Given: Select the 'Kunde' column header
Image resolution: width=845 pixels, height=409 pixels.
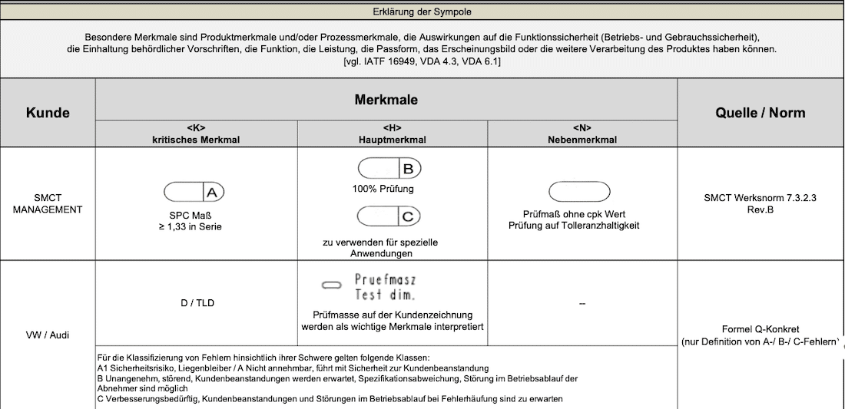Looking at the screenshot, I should tap(48, 113).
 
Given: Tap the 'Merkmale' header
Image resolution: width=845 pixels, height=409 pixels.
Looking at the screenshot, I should tap(386, 100).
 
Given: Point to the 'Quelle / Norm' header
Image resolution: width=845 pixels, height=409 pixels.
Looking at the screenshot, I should tap(760, 113).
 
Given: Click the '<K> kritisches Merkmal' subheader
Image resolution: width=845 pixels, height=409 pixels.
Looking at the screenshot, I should tap(196, 134).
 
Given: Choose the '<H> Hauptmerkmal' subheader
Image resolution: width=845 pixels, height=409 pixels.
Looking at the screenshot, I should tap(392, 134).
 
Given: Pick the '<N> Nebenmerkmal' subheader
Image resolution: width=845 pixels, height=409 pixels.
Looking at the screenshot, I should tap(582, 134).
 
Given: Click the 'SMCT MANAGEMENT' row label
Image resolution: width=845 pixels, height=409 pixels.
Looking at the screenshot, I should tap(48, 203).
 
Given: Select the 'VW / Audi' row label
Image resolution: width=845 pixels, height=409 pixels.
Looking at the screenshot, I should tap(48, 335).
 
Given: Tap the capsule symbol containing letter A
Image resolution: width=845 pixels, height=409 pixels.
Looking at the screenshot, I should tap(194, 191).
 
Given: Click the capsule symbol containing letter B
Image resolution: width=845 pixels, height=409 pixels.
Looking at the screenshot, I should tap(389, 168).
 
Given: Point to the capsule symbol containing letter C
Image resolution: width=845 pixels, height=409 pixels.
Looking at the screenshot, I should tap(389, 216).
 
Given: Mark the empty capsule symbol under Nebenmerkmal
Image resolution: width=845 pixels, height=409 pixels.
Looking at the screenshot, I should tap(579, 191).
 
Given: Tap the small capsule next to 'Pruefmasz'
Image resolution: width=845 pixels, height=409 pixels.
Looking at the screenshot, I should tap(331, 285).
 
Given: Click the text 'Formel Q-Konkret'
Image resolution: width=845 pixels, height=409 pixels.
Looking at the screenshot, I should tap(760, 328).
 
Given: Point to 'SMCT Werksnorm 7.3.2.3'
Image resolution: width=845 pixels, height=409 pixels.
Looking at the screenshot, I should tap(760, 197).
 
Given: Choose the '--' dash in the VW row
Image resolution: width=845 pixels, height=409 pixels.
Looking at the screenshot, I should tap(582, 304).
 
